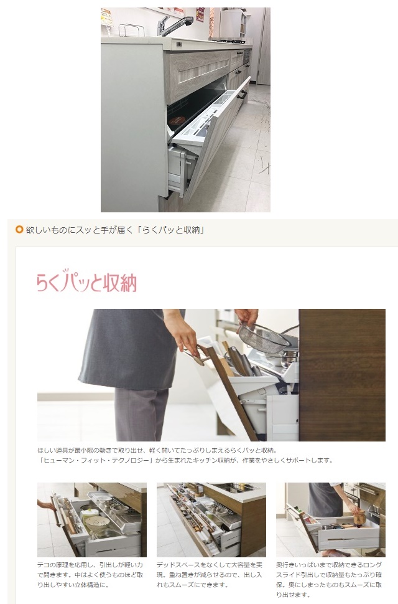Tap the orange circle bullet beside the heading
[19, 230]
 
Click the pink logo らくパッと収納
[86, 281]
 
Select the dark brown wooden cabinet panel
[342, 375]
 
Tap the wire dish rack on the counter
[131, 30]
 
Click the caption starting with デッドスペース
[210, 575]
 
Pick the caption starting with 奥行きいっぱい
[329, 580]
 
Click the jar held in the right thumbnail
[360, 519]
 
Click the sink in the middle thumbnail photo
[235, 488]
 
